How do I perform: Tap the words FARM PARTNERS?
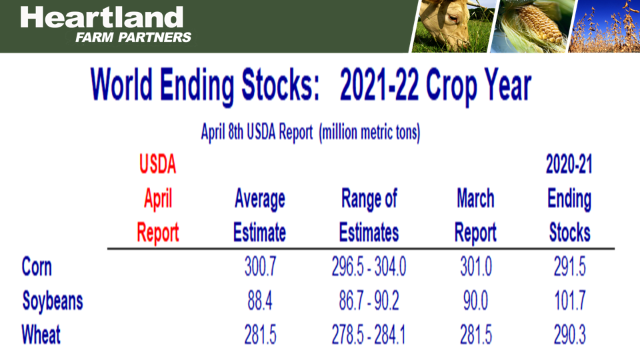click(133, 37)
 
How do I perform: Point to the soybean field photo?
click(605, 26)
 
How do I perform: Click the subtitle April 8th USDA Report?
click(310, 132)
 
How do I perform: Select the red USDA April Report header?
click(158, 198)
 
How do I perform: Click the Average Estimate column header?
click(259, 215)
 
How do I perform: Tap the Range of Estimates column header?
click(369, 215)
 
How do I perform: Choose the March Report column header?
click(475, 215)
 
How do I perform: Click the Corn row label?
click(37, 267)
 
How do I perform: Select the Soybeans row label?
click(53, 301)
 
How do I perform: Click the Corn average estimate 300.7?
click(260, 268)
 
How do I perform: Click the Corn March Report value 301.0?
click(476, 268)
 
